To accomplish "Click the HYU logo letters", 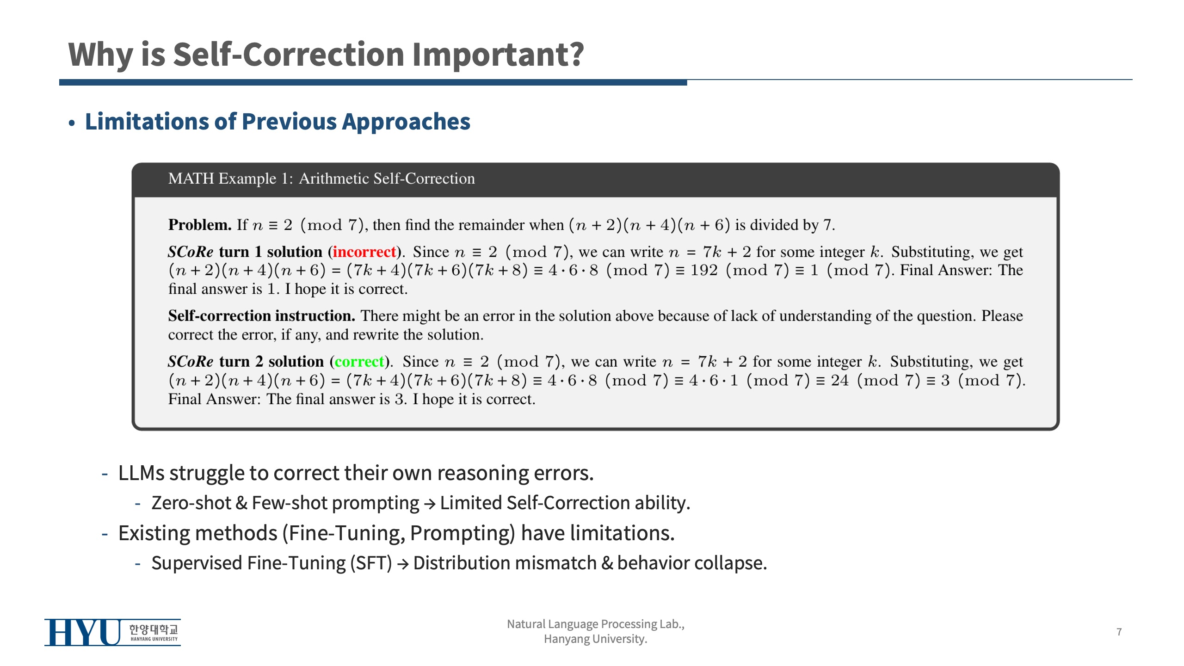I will pos(82,632).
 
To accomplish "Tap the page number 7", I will pos(1119,632).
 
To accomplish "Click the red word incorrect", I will pos(364,252).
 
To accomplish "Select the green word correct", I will pos(359,362).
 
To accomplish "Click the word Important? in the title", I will pos(498,55).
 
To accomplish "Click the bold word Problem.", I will pos(199,225).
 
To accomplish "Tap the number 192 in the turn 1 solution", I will pos(703,271).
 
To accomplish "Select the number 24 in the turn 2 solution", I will pos(839,381).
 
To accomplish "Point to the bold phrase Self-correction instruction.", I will pos(261,316).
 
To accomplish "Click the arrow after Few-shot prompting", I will pos(429,504).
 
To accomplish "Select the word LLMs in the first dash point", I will pos(141,473).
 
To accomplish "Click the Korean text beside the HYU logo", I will pos(153,629).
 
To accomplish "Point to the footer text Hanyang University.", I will pos(595,639).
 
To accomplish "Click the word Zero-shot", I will pos(191,503).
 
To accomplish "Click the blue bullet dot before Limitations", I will pos(72,123).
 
